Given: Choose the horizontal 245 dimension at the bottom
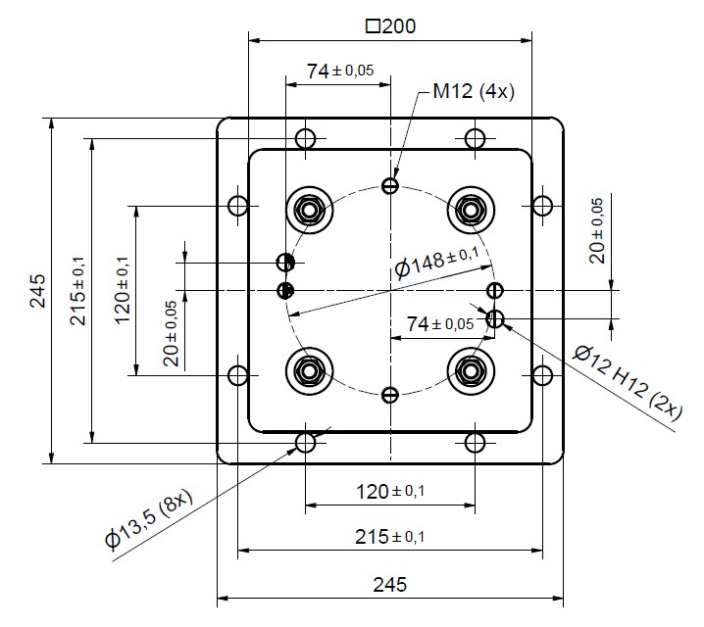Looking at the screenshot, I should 390,585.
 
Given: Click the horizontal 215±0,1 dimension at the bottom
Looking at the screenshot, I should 389,537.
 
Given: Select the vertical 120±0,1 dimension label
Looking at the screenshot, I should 123,291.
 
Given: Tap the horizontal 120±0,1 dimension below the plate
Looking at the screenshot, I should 389,490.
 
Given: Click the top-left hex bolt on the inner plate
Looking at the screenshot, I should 309,209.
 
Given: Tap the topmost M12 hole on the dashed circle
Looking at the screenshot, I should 391,185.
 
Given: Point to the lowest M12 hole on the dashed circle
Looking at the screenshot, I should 391,395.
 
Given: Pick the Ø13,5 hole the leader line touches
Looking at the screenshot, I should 306,442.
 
